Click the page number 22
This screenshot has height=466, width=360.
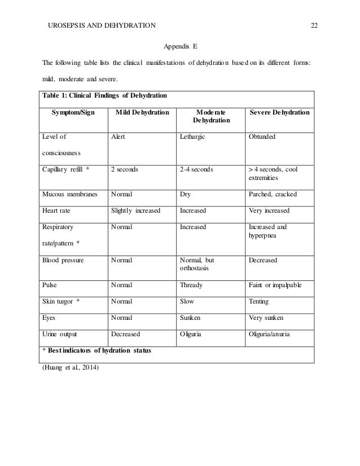point(314,25)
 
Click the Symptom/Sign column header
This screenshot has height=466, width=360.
point(74,113)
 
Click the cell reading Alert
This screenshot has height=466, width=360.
point(117,137)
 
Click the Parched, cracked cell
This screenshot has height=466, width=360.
point(273,195)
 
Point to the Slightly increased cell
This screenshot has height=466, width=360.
point(135,210)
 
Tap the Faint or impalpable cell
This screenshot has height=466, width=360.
point(275,285)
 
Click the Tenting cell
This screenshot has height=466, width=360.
point(258,301)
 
